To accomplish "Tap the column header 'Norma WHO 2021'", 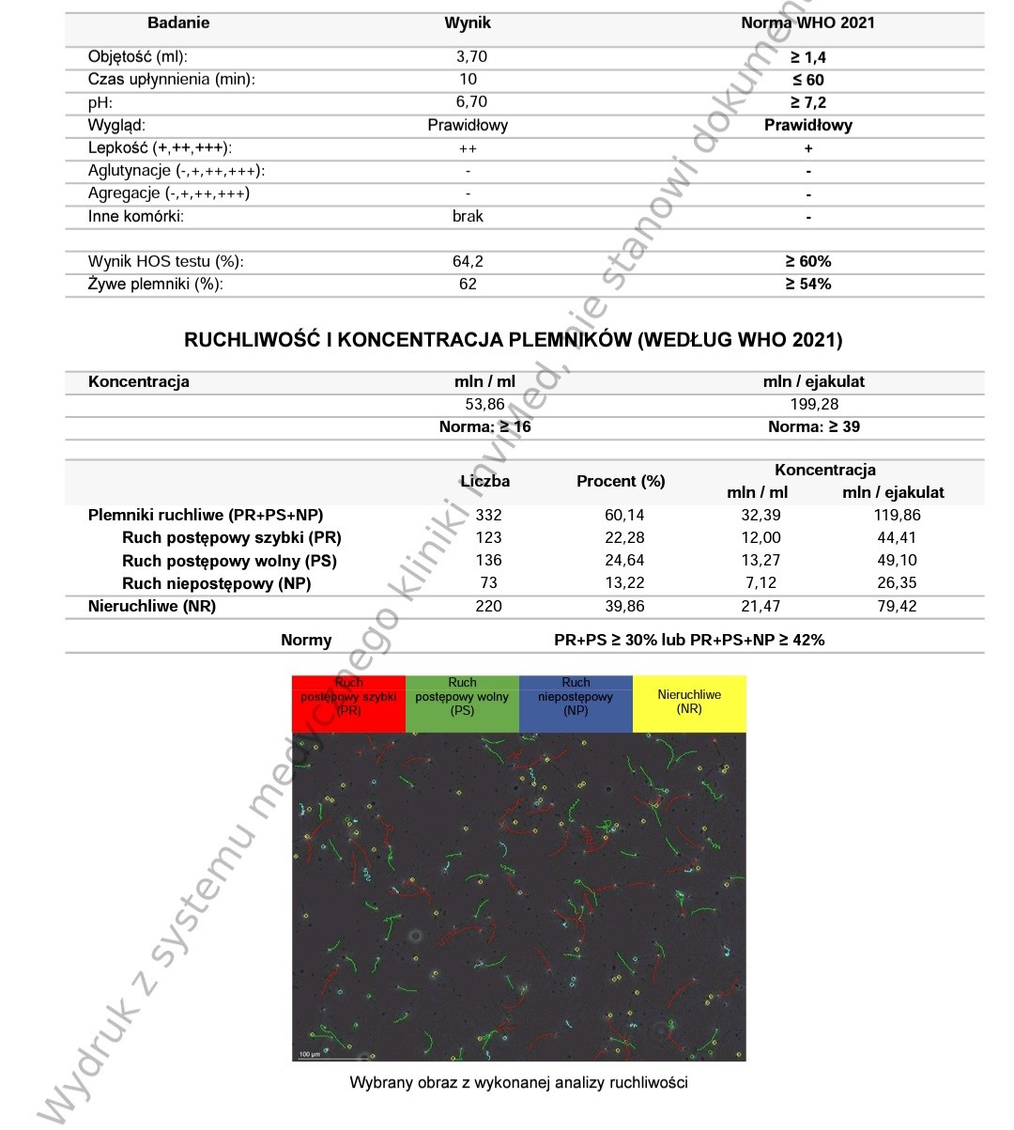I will [807, 23].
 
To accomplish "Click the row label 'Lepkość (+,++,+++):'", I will [160, 147].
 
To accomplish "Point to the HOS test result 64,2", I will [468, 261].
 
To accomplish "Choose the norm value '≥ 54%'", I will [807, 284].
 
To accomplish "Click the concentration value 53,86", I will [484, 404].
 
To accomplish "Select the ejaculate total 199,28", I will [814, 404].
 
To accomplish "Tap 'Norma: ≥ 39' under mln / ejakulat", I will [814, 426].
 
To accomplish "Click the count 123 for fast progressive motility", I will [488, 537].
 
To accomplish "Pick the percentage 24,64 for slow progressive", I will [620, 561].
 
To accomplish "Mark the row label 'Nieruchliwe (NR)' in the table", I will [152, 606].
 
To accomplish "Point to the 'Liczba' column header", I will [485, 481].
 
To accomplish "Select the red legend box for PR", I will [348, 703].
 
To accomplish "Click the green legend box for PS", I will [462, 703].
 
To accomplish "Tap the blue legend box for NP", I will [576, 703].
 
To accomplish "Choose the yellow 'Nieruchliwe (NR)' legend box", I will [689, 703].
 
